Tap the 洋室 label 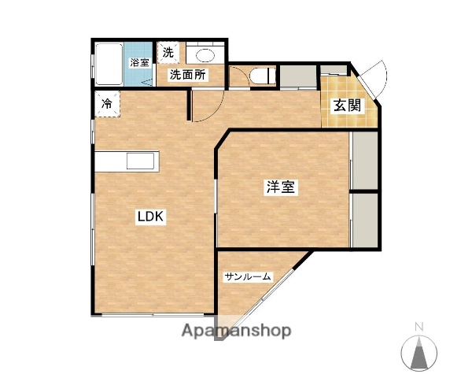(280, 187)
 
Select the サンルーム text (248, 276)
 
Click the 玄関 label (346, 106)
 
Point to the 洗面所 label (188, 76)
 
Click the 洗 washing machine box (168, 53)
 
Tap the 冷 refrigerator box (106, 102)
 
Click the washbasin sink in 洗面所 (207, 55)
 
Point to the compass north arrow (419, 351)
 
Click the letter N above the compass (419, 326)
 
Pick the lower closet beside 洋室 (364, 220)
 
